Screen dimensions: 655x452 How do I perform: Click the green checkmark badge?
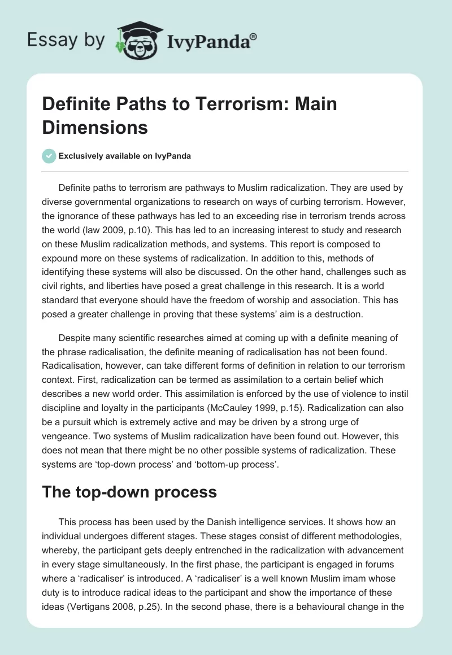(50, 156)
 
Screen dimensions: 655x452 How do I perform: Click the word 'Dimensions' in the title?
(95, 127)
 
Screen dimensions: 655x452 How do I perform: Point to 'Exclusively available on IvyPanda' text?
(124, 156)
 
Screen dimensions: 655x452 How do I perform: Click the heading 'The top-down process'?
(129, 491)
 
